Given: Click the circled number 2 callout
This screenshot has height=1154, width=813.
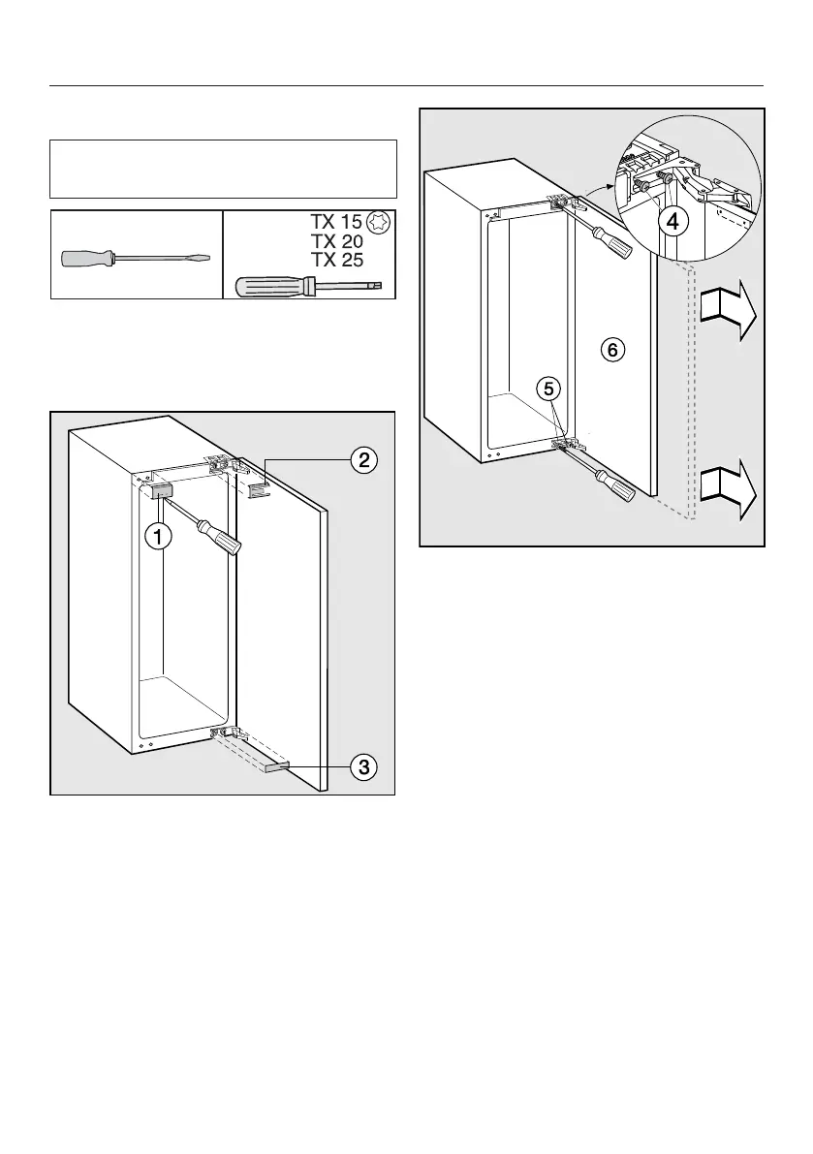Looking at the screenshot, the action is [x=363, y=460].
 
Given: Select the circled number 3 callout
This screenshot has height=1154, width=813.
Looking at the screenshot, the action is [x=363, y=767].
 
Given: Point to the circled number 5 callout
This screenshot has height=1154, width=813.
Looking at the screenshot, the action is [x=548, y=389].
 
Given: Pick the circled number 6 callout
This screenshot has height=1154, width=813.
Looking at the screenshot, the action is [x=611, y=349].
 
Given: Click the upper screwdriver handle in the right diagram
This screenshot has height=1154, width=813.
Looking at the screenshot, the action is [x=611, y=241].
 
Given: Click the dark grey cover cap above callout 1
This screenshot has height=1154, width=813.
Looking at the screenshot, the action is [x=161, y=490].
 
